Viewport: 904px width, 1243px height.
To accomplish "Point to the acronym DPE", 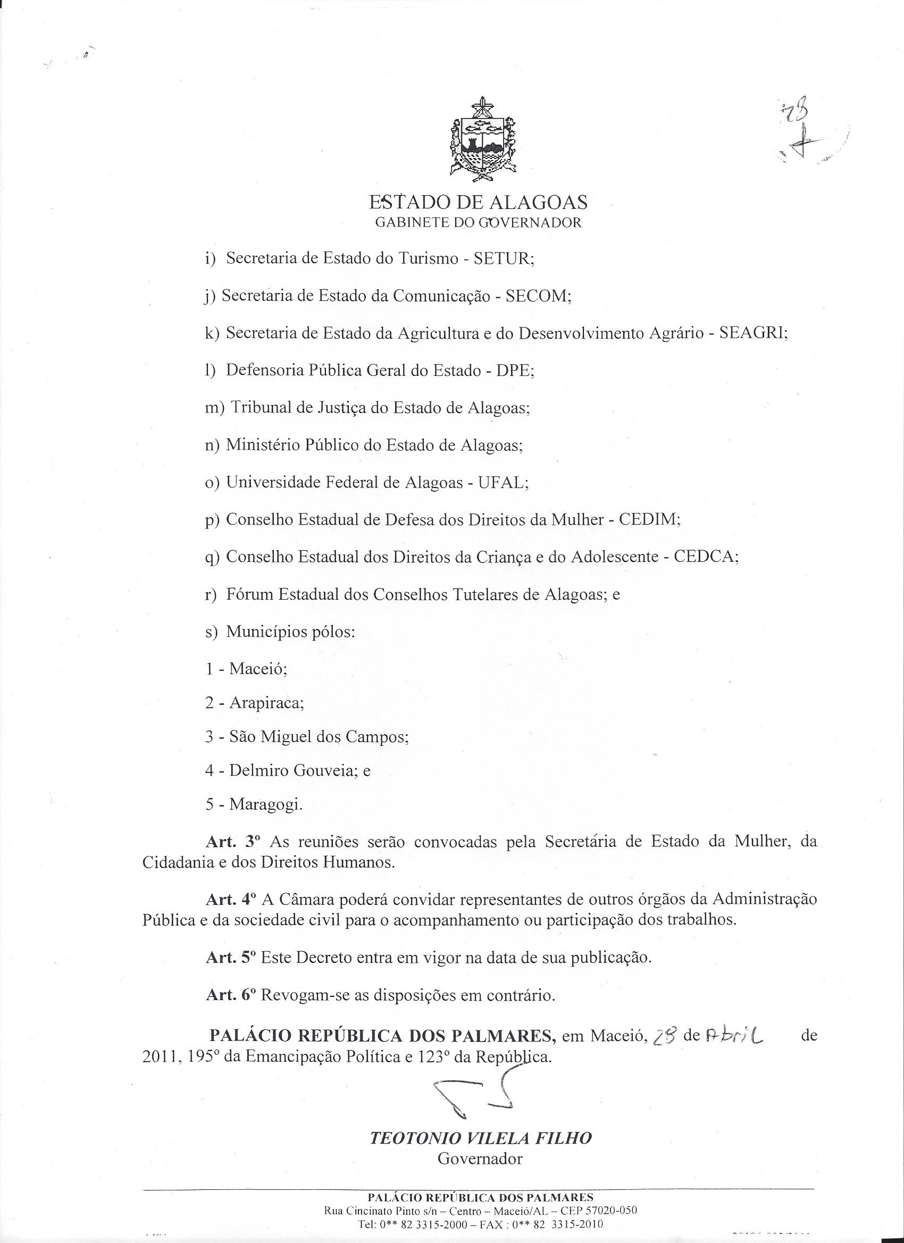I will coord(514,371).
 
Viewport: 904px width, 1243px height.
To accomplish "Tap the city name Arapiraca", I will coord(266,703).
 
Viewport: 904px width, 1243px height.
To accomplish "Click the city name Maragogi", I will coord(265,804).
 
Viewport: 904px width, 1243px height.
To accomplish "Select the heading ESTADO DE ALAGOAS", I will coord(478,203).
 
